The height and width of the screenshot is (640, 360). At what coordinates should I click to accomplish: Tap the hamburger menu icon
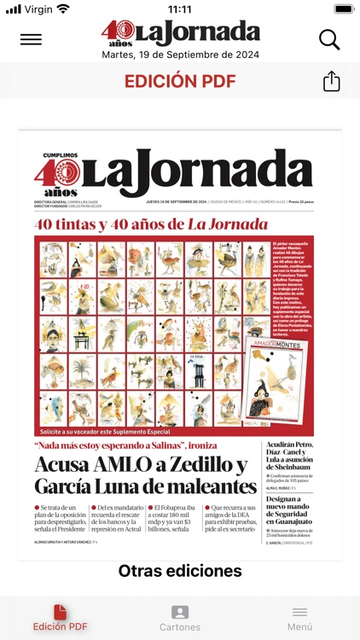[x=31, y=39]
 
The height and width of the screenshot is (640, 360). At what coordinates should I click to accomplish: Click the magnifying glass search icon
[x=328, y=39]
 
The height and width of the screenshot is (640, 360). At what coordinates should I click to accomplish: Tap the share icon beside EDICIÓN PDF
[x=331, y=81]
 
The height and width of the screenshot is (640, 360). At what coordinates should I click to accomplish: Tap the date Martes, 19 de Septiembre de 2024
[x=180, y=55]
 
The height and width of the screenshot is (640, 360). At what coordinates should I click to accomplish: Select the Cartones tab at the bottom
[x=180, y=619]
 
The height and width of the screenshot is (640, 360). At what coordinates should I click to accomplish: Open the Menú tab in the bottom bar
[x=299, y=619]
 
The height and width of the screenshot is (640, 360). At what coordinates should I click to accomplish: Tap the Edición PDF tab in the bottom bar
[x=60, y=619]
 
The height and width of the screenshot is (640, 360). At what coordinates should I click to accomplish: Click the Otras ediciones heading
[x=180, y=571]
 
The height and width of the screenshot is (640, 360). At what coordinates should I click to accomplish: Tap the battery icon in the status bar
[x=343, y=9]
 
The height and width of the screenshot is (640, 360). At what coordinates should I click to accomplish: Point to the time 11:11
[x=179, y=9]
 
